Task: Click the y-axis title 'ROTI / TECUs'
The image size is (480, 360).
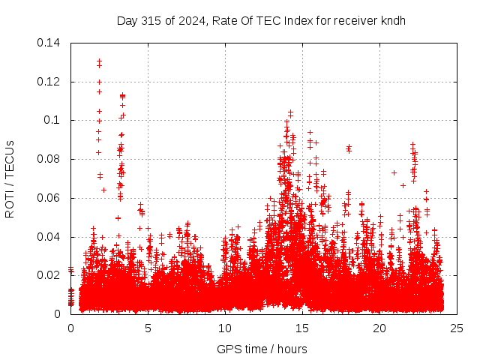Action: (10, 178)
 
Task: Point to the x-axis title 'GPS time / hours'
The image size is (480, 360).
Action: (262, 349)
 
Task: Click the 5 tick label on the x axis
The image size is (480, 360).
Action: (148, 328)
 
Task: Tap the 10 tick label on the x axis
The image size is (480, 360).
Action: (225, 328)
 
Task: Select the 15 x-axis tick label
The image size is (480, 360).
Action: (302, 328)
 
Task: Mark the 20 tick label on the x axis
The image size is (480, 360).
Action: (379, 328)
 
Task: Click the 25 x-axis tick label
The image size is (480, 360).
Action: (457, 328)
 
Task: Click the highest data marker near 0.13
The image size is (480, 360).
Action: (99, 61)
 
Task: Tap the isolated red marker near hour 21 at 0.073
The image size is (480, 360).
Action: (394, 173)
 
